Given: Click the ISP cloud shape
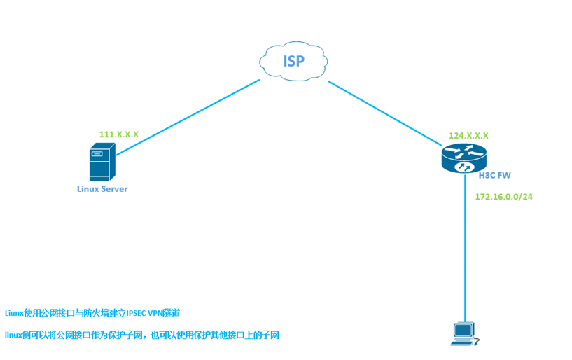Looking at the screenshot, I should (293, 61).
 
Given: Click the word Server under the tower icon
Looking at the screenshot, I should (115, 189).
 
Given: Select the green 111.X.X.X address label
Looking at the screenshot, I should (119, 134).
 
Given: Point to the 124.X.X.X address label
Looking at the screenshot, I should (468, 136).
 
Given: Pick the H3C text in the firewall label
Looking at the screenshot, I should (487, 176).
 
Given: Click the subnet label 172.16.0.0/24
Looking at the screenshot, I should (503, 197).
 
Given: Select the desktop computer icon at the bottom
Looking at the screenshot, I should (464, 333).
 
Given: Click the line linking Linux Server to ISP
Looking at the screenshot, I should (188, 118).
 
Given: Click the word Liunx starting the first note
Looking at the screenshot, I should (14, 313).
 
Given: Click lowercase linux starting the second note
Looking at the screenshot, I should (14, 335).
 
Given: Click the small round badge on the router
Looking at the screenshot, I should (463, 168).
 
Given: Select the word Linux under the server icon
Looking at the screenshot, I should (88, 189).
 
